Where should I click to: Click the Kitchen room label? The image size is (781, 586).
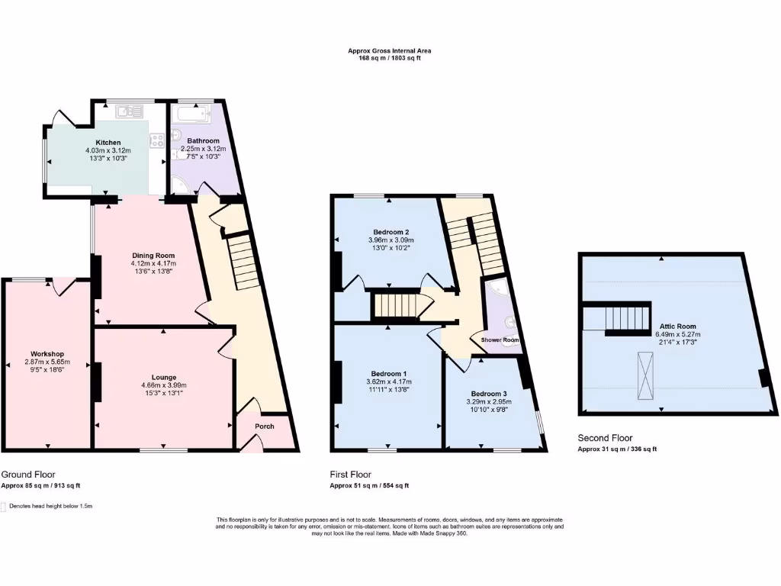point(108,143)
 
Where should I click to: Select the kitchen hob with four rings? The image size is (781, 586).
point(158,140)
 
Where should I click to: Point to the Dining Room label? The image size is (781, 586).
point(153,256)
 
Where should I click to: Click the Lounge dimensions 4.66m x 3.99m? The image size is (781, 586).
point(163,385)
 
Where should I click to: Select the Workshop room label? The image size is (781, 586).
point(47,354)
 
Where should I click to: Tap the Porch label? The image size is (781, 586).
point(264,426)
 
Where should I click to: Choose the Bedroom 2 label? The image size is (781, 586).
point(391,232)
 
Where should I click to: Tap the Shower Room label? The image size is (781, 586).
point(500,340)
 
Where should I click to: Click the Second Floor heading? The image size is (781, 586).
point(605,438)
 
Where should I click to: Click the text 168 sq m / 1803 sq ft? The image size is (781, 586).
point(390,58)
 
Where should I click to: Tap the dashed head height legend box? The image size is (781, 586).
point(3,506)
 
